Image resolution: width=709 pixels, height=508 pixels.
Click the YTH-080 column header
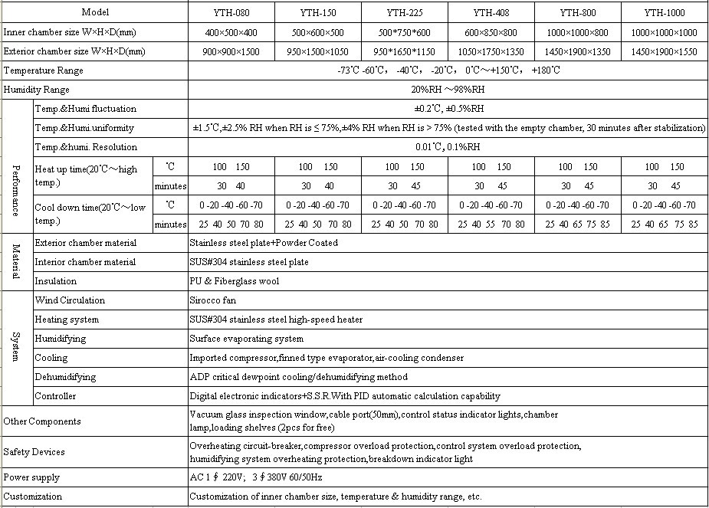231,13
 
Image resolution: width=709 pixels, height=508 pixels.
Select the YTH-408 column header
491,13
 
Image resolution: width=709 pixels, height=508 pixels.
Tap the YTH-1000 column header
665,13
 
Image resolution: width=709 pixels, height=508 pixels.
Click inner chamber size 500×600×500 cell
317,32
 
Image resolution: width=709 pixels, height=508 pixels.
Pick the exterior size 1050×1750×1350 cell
491,51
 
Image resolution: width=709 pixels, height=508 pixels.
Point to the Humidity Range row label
37,90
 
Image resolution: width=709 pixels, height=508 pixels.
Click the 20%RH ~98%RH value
448,90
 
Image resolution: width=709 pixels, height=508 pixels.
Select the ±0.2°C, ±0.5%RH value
448,109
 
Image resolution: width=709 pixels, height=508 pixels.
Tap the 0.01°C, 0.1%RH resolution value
448,147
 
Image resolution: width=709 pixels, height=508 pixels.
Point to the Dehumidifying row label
65,377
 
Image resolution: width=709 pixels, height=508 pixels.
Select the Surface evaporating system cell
246,339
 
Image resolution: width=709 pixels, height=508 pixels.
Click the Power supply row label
31,477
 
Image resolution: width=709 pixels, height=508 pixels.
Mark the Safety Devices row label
34,452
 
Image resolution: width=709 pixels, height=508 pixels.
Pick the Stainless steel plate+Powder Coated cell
263,243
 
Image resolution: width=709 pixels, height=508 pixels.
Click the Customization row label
33,497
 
